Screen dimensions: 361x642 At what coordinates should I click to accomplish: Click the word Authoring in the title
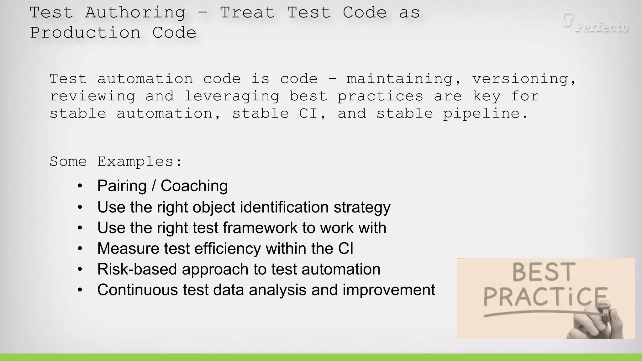[135, 13]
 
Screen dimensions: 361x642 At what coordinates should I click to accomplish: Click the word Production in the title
[85, 33]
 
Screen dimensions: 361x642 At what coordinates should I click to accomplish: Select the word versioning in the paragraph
[524, 79]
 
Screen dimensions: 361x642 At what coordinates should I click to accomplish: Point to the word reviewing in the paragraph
[92, 97]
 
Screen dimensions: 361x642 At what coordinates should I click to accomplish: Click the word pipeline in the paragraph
[485, 114]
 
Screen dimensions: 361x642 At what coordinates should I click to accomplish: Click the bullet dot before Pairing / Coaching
[80, 186]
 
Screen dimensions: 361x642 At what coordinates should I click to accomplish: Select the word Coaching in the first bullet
[194, 186]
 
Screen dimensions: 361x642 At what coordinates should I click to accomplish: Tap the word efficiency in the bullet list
[228, 249]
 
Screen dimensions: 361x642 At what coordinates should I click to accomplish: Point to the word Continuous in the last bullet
[138, 290]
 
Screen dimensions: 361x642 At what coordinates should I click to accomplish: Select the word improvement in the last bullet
[389, 290]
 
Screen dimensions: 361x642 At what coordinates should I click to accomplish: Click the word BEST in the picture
[544, 272]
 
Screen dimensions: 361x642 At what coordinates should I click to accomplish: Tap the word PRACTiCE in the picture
[545, 297]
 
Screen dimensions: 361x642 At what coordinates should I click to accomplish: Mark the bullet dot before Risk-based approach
[80, 269]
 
